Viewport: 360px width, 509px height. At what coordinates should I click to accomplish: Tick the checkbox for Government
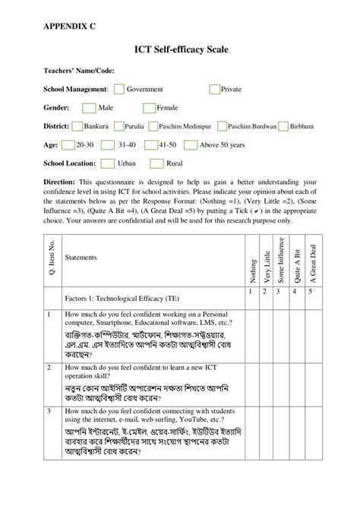point(118,90)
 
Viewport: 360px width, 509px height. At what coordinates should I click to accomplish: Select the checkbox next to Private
point(213,90)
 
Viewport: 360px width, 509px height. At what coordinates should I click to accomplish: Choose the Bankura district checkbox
point(77,126)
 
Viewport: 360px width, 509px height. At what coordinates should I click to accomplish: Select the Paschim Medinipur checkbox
point(153,126)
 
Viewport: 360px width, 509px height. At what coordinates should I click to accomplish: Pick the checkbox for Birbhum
point(283,126)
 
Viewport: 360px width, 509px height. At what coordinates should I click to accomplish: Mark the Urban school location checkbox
point(108,163)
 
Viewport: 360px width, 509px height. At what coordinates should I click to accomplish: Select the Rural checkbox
point(156,163)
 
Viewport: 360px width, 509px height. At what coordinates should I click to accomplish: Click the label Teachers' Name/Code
point(78,71)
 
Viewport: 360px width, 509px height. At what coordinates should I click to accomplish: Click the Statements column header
point(81,258)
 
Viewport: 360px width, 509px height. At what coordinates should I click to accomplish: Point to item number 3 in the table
point(49,411)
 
